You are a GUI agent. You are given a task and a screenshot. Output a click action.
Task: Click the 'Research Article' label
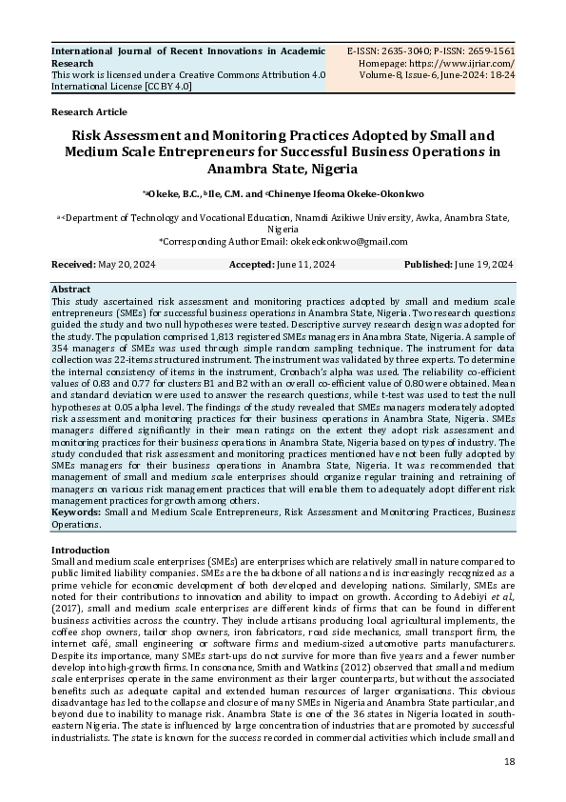point(88,111)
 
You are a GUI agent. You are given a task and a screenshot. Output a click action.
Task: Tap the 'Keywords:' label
point(75,511)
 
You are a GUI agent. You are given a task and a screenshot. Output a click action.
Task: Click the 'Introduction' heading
point(80,551)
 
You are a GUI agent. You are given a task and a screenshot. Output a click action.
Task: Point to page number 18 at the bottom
point(509,762)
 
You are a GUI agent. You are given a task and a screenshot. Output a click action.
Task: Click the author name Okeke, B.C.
point(172,194)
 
